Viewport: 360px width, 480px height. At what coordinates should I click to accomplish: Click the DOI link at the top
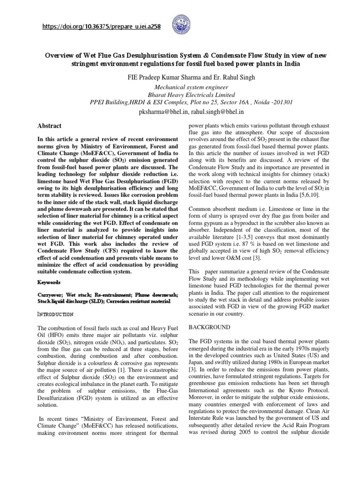(x=99, y=27)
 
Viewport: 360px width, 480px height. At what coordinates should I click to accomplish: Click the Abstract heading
(x=49, y=126)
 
